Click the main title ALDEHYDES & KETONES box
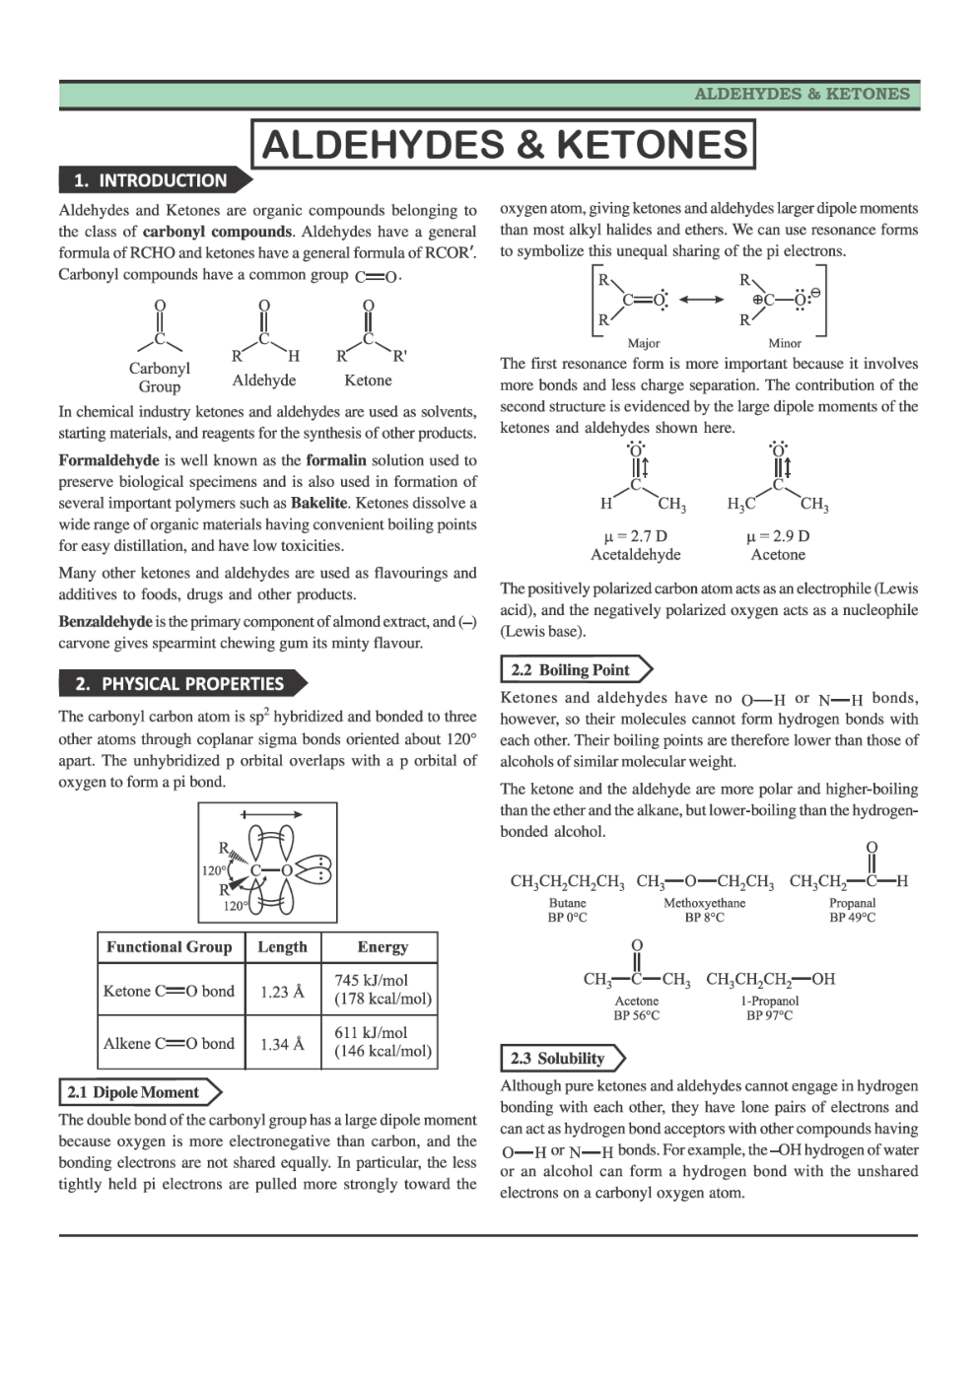pos(504,145)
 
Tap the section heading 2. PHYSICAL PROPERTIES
pos(179,684)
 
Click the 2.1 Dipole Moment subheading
pos(133,1092)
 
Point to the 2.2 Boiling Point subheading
pos(571,670)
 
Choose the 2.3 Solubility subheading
pos(557,1059)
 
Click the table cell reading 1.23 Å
pos(282,992)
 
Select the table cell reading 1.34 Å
pos(282,1044)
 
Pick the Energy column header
pos(383,947)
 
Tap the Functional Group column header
pos(170,947)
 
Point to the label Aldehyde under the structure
pos(264,380)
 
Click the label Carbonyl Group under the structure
pos(159,378)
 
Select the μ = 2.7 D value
pos(635,536)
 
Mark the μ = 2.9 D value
pos(778,536)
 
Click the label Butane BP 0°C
pos(567,910)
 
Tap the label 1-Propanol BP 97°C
pos(769,1007)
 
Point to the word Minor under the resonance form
pos(785,343)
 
